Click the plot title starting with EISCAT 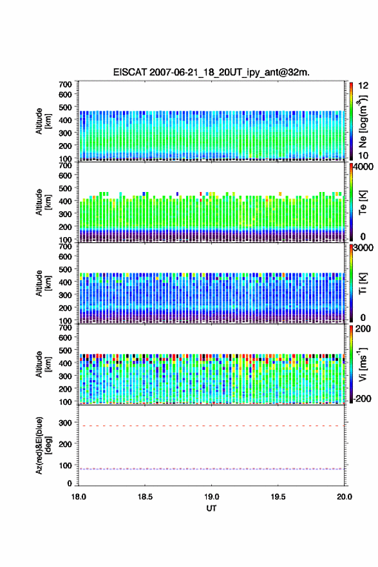[211, 72]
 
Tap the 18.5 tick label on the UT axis [145, 497]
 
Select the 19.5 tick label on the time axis [278, 497]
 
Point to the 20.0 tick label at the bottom [345, 497]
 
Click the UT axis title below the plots [211, 508]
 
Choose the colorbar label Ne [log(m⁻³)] [363, 122]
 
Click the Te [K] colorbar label [363, 202]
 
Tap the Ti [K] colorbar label [363, 283]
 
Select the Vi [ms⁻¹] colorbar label [363, 365]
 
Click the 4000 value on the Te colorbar [364, 167]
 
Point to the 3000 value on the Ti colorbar [364, 248]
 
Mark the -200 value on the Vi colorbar [363, 398]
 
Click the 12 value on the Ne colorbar [363, 86]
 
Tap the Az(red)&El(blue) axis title [43, 445]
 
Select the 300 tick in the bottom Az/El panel [66, 423]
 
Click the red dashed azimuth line [211, 426]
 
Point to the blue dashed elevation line [211, 469]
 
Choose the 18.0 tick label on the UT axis [79, 497]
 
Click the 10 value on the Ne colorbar [363, 155]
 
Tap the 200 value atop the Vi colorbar [363, 329]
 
